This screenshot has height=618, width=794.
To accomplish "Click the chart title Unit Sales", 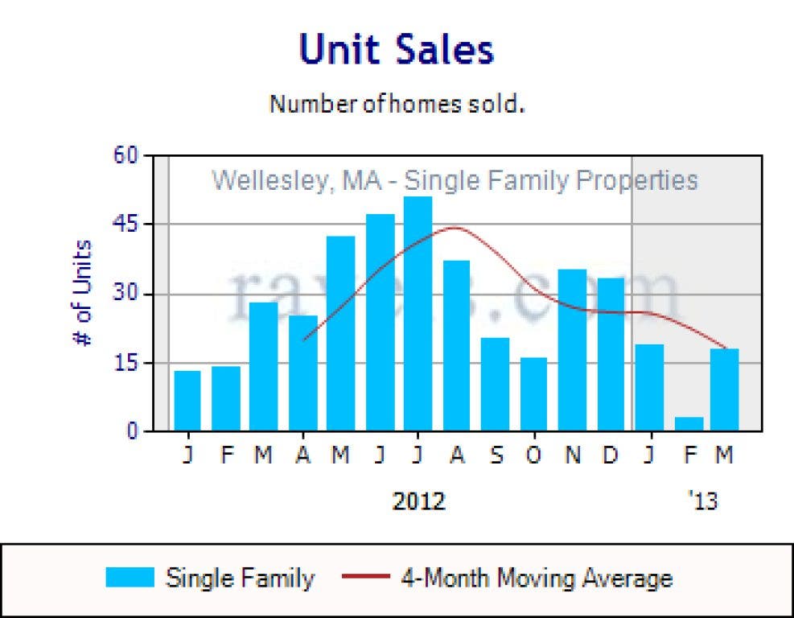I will tap(397, 50).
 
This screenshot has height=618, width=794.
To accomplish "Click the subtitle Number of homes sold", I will tap(397, 104).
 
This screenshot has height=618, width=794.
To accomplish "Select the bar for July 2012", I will tap(418, 314).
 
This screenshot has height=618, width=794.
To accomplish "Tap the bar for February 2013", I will tap(689, 423).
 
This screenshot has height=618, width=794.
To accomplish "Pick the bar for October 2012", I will tap(533, 394).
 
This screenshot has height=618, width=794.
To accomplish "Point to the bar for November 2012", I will tap(572, 350).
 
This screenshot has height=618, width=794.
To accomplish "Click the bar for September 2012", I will tap(495, 385).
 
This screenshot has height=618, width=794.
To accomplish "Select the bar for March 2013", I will tap(725, 389).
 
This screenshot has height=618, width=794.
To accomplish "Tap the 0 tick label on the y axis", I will tap(133, 431).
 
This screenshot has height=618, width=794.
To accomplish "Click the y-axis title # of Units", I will tap(83, 293).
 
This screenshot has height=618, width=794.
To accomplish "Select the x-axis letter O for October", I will tap(533, 455).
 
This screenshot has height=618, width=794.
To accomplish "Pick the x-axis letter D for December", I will tap(611, 455).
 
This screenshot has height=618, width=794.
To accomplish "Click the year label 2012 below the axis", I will tap(418, 501).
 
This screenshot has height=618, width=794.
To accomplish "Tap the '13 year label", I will tap(702, 501).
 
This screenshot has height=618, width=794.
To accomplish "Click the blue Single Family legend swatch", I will tap(130, 578).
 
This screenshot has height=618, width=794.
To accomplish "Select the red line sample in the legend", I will tap(367, 578).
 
